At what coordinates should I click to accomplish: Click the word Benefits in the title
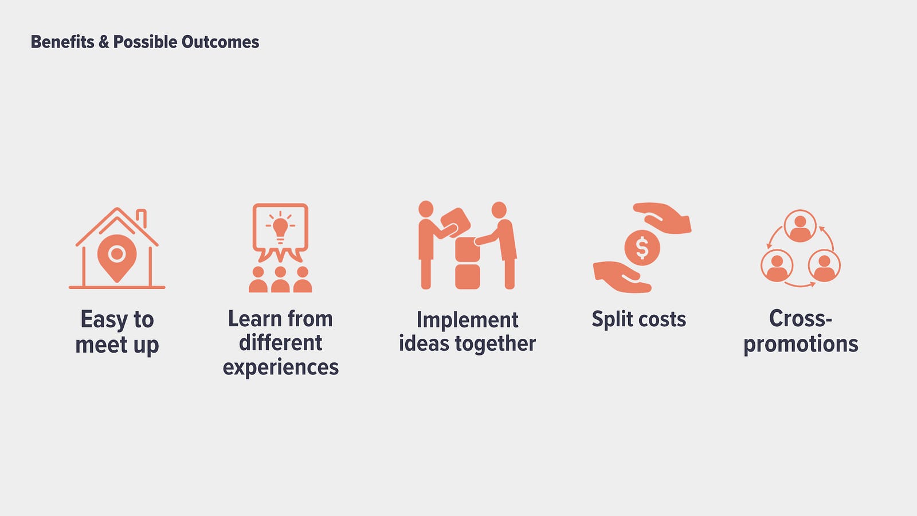(62, 42)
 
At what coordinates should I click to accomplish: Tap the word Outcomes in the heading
(220, 42)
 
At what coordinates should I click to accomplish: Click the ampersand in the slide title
(104, 42)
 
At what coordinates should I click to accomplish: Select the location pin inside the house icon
(117, 258)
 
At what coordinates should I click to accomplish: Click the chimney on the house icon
(141, 218)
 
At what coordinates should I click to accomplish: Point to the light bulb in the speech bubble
(280, 229)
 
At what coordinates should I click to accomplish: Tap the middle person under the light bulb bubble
(280, 279)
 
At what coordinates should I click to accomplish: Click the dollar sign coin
(642, 248)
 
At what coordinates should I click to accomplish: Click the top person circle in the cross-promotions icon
(800, 226)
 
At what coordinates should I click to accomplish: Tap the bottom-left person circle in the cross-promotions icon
(777, 265)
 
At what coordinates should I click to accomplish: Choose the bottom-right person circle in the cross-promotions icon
(824, 265)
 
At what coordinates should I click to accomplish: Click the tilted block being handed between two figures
(455, 222)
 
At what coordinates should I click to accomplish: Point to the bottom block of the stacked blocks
(468, 277)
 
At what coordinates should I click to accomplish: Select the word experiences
(281, 368)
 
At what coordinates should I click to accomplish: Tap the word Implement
(468, 320)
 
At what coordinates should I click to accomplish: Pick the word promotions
(801, 344)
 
